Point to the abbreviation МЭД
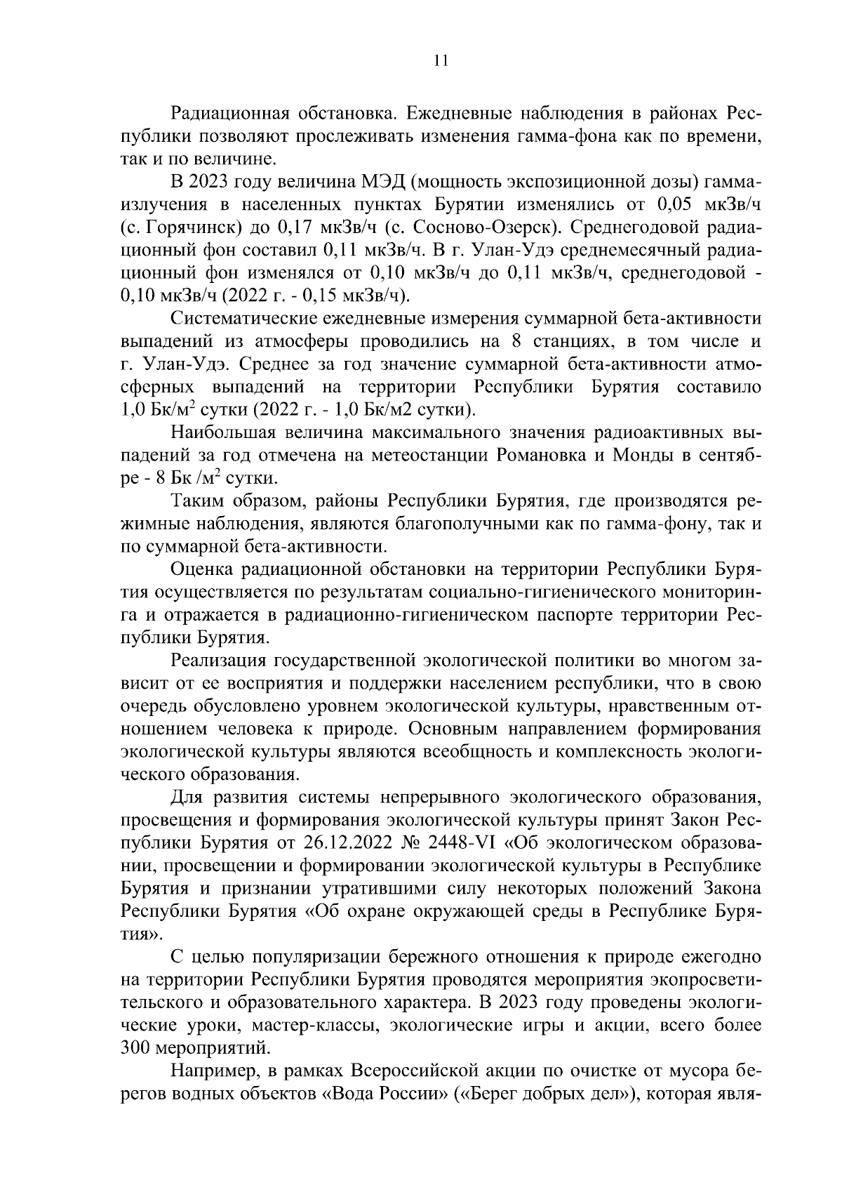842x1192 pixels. coord(380,182)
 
